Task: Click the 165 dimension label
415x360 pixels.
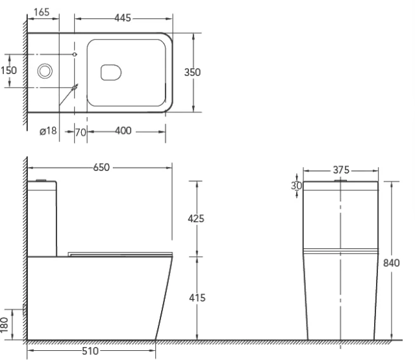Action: pos(42,12)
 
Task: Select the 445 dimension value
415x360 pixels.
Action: pos(123,18)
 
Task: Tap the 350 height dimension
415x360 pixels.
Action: pos(192,72)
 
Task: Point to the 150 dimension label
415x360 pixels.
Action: pos(8,70)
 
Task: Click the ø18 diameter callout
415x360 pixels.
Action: pos(48,131)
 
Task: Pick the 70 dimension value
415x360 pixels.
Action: pos(81,132)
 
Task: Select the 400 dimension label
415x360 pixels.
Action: pos(123,131)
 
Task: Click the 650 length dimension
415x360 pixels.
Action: pos(101,167)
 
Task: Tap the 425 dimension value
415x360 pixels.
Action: pos(196,218)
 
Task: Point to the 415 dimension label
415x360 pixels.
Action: pos(197,298)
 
